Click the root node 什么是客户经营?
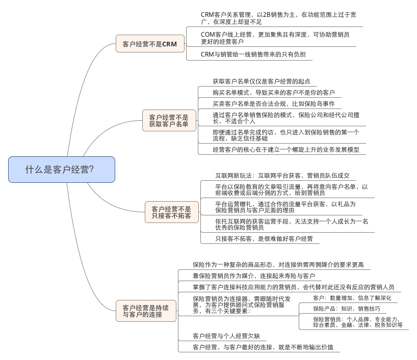(61, 170)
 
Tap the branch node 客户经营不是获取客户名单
(169, 120)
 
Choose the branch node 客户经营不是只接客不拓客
(171, 212)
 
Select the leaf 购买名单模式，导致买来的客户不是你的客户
(273, 92)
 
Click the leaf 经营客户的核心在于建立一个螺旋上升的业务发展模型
(285, 149)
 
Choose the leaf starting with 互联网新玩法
(282, 175)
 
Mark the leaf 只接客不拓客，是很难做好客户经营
(264, 238)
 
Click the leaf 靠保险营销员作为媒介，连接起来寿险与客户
(253, 275)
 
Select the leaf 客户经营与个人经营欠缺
(226, 336)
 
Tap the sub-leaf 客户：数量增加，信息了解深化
(352, 298)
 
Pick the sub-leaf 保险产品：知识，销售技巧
(346, 309)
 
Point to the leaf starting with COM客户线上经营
(275, 38)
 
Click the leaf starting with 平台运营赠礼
(285, 206)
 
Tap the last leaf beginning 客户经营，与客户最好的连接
(263, 347)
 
